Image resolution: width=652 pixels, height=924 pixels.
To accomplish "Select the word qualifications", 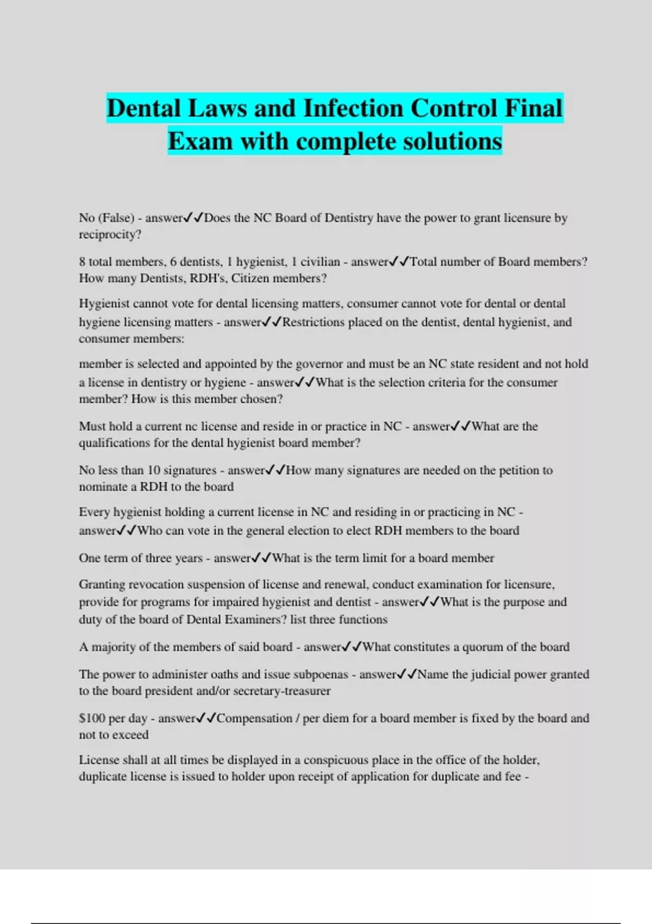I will pos(114,443).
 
